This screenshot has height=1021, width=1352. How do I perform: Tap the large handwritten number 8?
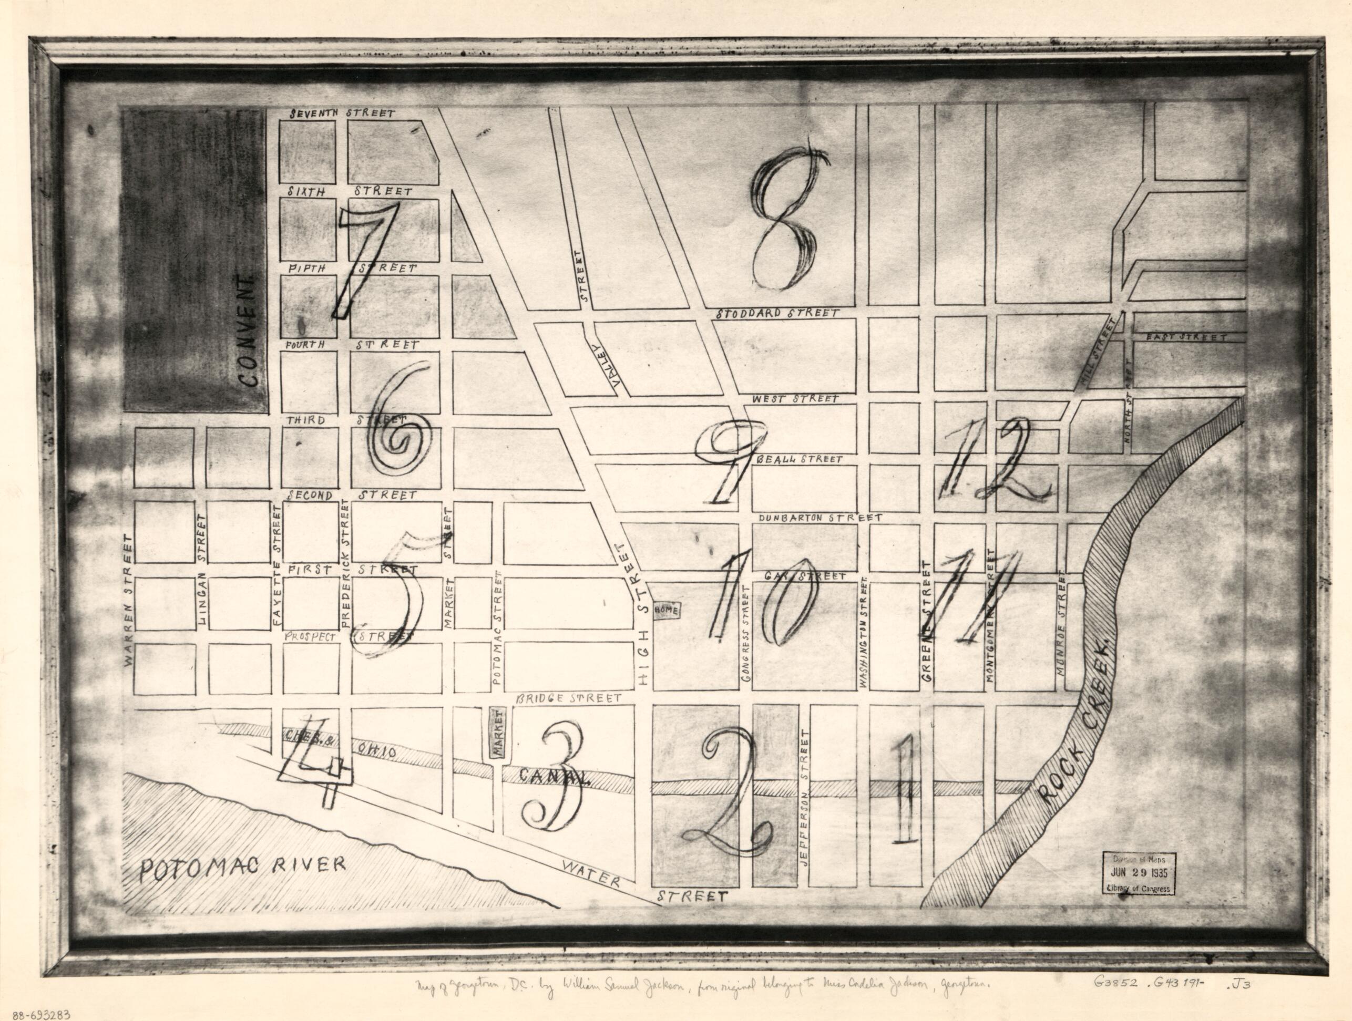786,220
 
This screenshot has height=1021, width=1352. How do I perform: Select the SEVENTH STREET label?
342,114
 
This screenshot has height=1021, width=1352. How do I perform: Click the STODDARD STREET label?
776,313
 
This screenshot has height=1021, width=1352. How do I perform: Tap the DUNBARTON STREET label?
820,518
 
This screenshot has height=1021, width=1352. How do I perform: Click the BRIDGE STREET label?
568,698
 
